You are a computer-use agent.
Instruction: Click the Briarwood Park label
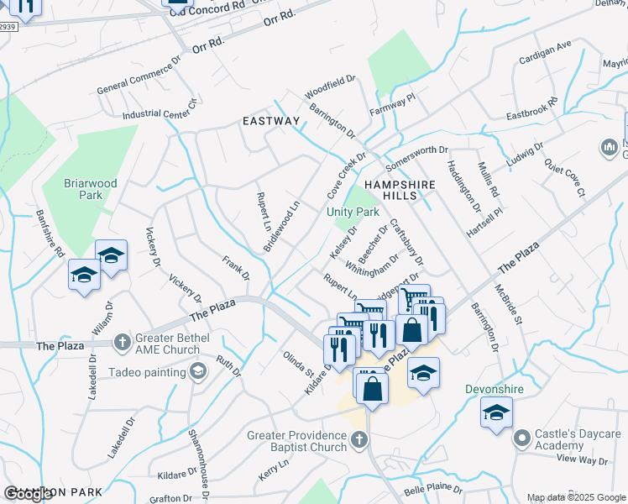click(x=90, y=189)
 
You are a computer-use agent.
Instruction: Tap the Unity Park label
click(x=353, y=213)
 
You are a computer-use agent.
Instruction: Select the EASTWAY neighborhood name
click(x=270, y=121)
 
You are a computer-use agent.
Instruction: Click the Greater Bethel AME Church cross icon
click(x=123, y=341)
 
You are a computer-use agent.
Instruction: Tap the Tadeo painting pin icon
click(x=199, y=371)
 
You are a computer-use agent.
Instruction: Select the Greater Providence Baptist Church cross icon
click(x=358, y=438)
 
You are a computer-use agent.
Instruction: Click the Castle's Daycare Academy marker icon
click(x=522, y=437)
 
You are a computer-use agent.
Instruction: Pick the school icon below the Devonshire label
click(x=497, y=412)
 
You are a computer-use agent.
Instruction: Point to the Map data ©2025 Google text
click(x=576, y=497)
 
